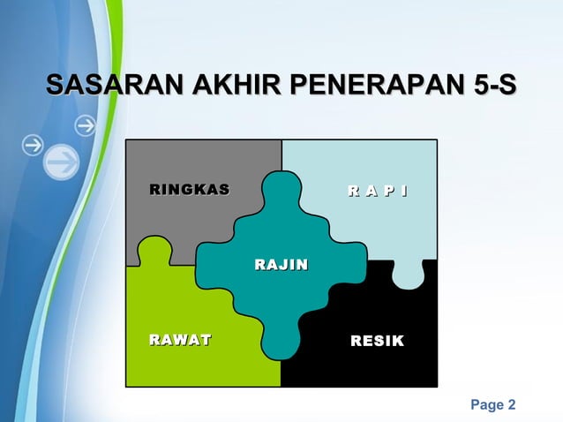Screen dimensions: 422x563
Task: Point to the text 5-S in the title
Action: coord(494,87)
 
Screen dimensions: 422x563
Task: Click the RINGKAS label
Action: coord(189,189)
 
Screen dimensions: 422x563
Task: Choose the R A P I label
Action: coord(377,189)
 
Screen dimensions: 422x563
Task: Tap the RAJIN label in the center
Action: coord(281,264)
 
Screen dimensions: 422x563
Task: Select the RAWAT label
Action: coord(180,340)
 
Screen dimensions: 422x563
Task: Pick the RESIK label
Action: coord(377,340)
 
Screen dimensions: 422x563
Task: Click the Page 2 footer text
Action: coord(493,405)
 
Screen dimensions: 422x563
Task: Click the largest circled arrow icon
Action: coord(60,162)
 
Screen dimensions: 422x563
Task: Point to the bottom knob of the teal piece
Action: coord(281,340)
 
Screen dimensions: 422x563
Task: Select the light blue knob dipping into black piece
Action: coord(408,275)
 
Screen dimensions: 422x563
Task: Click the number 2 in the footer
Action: coord(511,405)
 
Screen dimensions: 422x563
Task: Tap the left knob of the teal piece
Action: coord(212,264)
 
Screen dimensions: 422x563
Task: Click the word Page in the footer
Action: coord(485,405)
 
